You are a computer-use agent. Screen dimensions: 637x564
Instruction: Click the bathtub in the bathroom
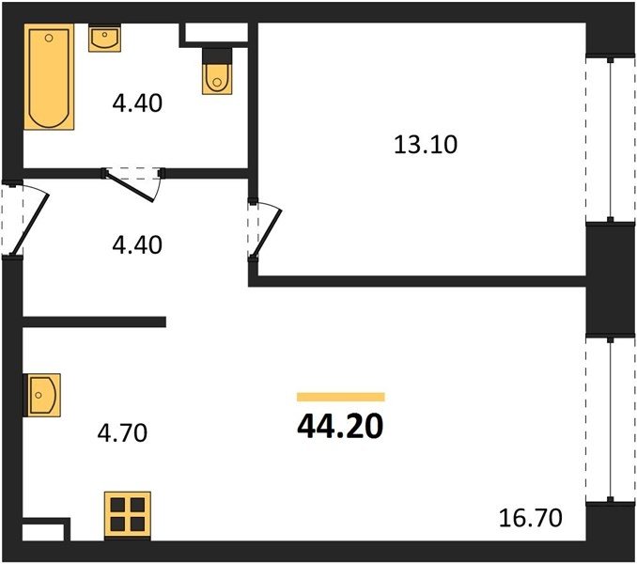49,77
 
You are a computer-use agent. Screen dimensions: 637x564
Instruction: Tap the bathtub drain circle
49,39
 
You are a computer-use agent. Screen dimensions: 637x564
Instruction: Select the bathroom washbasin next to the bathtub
104,39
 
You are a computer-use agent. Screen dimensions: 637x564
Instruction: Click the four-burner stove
128,515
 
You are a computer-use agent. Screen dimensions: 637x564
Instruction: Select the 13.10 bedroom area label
426,145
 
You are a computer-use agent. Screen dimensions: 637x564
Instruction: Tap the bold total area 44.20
340,427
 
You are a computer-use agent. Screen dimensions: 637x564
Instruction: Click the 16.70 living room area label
531,519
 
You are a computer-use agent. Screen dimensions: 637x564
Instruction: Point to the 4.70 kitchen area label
122,432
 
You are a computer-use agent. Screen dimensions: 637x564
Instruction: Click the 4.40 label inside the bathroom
137,102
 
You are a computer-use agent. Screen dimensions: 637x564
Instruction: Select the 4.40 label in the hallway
137,245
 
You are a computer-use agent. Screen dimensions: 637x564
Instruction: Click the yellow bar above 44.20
341,397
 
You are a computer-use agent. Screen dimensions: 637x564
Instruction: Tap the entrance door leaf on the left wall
30,225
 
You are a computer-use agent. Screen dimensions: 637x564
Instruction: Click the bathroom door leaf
130,186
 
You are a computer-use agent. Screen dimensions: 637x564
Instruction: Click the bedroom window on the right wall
610,139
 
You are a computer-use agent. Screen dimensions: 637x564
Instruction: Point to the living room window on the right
610,418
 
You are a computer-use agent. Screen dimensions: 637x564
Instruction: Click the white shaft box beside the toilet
216,32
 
